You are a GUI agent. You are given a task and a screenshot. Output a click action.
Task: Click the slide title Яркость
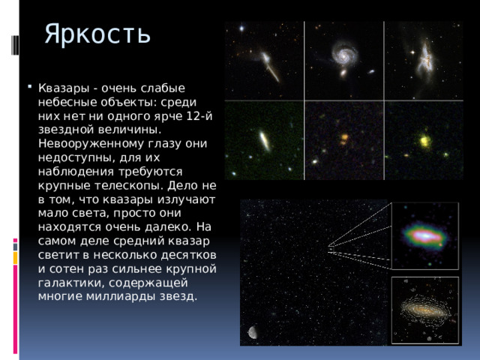(97, 34)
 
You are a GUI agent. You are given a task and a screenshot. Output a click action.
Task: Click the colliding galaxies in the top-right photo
(424, 57)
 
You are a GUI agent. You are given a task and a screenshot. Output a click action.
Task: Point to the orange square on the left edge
(15, 257)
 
